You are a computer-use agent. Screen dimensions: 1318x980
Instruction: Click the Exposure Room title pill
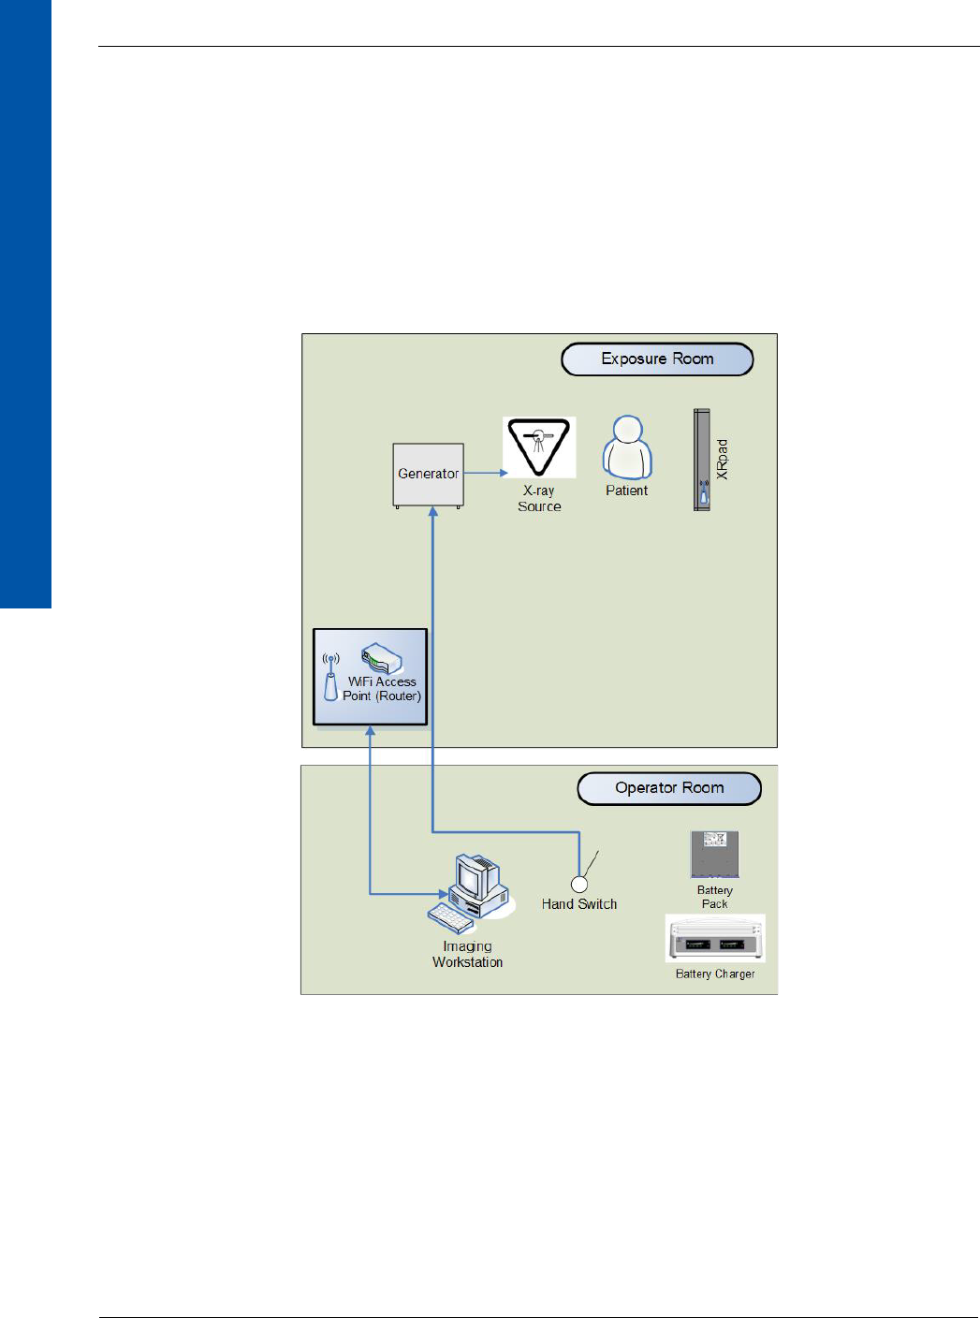point(657,359)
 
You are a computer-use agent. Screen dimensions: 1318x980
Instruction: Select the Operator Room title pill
point(669,788)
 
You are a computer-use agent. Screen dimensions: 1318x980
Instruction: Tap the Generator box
point(428,475)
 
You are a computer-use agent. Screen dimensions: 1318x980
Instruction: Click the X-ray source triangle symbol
point(538,446)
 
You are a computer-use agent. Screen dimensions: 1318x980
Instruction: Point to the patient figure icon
point(626,447)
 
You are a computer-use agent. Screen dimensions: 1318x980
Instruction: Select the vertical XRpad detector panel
point(701,460)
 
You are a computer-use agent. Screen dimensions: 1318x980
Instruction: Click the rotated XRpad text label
point(722,460)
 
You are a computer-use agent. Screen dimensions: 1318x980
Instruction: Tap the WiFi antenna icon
point(330,677)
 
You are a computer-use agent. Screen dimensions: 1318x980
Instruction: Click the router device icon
point(381,658)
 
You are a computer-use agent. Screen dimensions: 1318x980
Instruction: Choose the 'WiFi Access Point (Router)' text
point(382,689)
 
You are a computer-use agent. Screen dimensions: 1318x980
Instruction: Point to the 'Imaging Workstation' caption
point(467,954)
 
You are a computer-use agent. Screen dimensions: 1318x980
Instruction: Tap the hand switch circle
point(579,884)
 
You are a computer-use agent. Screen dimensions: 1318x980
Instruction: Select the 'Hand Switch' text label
point(579,904)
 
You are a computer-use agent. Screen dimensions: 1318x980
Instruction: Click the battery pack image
point(714,854)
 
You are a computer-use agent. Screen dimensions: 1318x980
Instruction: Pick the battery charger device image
point(715,939)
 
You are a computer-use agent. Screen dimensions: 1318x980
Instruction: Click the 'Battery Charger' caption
point(715,974)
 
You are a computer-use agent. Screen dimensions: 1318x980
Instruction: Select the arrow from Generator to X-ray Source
point(486,473)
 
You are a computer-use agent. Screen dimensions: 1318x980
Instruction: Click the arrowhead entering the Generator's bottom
point(432,512)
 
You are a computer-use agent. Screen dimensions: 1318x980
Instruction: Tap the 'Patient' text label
point(626,491)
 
